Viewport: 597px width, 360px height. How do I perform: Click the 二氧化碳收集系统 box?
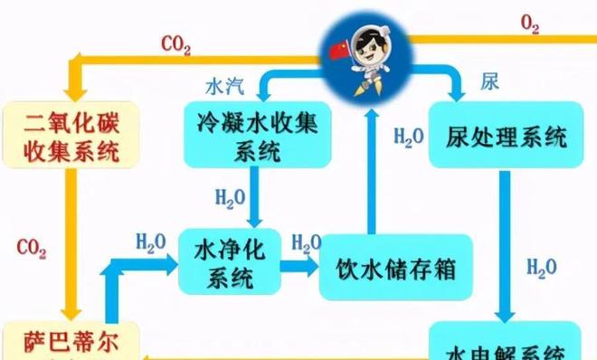click(x=63, y=135)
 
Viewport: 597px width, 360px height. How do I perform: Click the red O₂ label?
click(x=530, y=24)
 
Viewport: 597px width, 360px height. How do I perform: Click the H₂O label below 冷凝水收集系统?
click(x=229, y=195)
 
